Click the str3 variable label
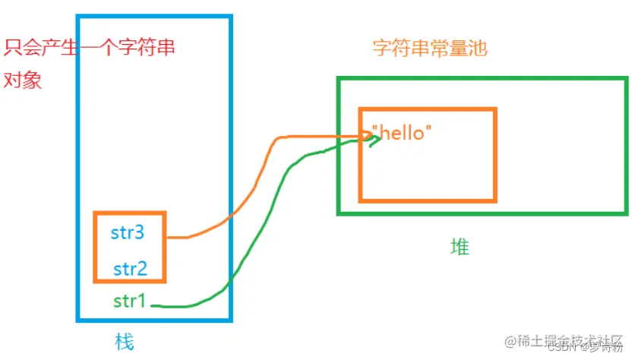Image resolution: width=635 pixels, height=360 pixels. [128, 233]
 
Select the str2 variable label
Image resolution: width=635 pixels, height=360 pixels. [129, 268]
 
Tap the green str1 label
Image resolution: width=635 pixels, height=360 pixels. [129, 302]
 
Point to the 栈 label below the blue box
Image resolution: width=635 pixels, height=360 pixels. [125, 340]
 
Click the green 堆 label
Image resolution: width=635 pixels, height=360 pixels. [460, 247]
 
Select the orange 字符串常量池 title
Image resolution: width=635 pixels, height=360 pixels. [429, 49]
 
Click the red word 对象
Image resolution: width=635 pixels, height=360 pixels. [23, 81]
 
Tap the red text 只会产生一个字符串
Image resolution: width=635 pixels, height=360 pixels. [90, 49]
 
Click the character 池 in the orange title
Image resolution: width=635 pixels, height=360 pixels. [477, 49]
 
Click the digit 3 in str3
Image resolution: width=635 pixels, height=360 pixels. [139, 233]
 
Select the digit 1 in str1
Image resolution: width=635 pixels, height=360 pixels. [140, 302]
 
